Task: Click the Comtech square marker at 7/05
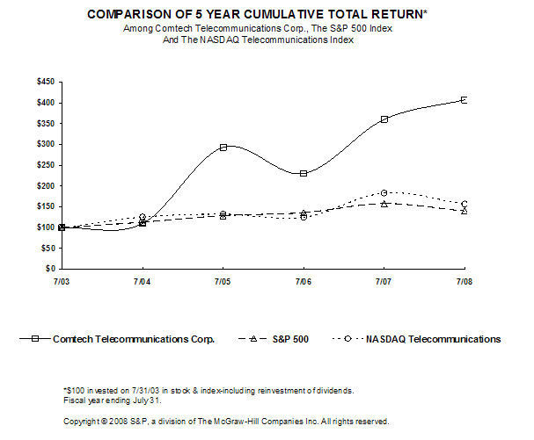(x=223, y=148)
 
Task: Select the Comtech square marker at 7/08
(x=464, y=100)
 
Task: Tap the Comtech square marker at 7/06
(x=304, y=173)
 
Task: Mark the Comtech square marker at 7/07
(x=384, y=119)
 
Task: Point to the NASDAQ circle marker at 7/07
(x=384, y=192)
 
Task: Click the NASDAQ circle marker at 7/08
(x=464, y=204)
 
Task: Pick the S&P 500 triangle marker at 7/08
(x=464, y=211)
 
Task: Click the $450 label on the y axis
(x=45, y=82)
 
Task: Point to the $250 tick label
(x=45, y=165)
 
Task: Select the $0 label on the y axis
(x=51, y=269)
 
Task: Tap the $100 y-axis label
(x=45, y=227)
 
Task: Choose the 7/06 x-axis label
(x=304, y=281)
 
